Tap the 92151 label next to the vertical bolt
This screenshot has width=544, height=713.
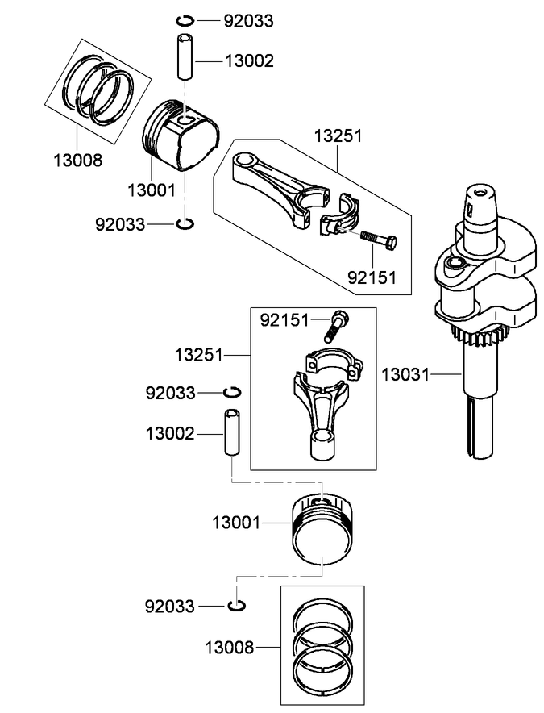point(284,321)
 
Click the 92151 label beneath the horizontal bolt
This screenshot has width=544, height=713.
point(372,277)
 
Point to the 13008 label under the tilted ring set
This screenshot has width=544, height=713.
point(78,160)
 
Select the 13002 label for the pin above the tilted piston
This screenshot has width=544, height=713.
point(250,60)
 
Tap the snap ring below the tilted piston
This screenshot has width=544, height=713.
point(185,223)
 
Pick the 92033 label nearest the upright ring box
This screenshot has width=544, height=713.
point(169,606)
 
